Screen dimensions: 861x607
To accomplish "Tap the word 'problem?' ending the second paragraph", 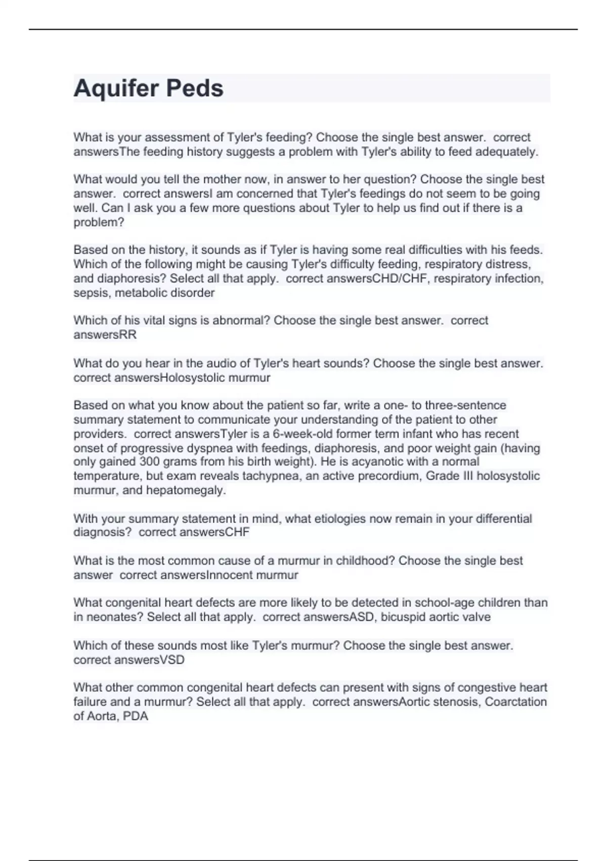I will tap(99, 222).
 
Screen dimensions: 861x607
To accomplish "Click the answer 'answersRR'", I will tap(105, 334).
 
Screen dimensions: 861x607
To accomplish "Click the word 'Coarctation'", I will tap(515, 701).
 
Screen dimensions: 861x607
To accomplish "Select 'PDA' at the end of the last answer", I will tap(135, 716).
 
